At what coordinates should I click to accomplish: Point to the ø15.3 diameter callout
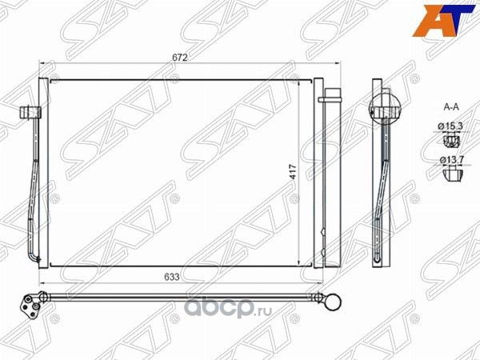click(452, 126)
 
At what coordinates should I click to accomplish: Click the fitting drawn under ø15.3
click(451, 142)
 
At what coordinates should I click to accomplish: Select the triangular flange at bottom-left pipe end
click(33, 305)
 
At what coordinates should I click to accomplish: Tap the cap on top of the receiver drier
click(326, 100)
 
